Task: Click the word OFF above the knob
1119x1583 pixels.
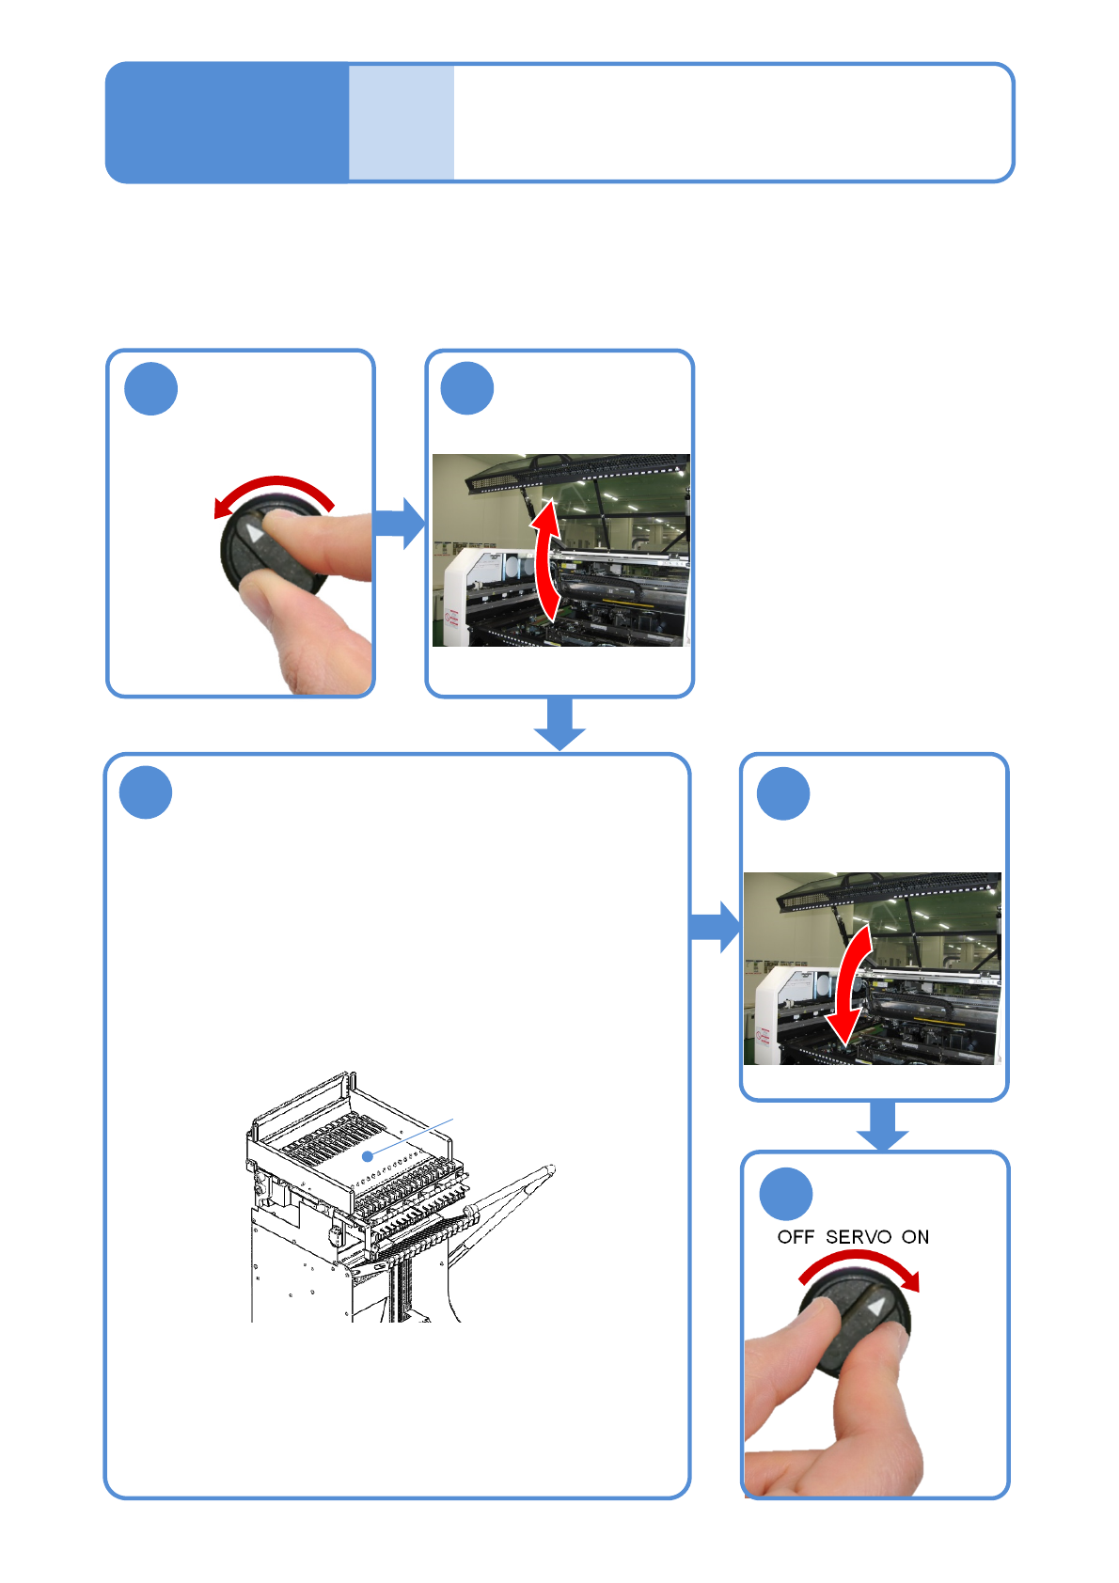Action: (x=796, y=1237)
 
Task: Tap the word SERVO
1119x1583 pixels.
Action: (x=858, y=1237)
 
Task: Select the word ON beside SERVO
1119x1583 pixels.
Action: (x=915, y=1237)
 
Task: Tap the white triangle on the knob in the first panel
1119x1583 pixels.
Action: (x=255, y=535)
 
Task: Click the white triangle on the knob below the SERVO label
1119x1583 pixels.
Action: (x=876, y=1308)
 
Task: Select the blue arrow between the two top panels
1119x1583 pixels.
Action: (x=400, y=524)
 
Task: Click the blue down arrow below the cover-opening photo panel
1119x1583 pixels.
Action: (x=559, y=724)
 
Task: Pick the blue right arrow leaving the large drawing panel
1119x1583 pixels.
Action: (x=715, y=926)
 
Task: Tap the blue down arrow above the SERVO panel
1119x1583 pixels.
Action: (x=882, y=1126)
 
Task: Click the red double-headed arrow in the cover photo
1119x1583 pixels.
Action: (x=546, y=561)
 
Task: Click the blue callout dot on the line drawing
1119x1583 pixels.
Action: (x=369, y=1155)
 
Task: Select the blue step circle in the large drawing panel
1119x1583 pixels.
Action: (x=146, y=792)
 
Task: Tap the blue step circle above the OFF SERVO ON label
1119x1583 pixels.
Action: (x=785, y=1194)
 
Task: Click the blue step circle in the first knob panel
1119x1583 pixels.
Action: (x=151, y=388)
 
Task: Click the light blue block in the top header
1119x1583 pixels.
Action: (x=402, y=122)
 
